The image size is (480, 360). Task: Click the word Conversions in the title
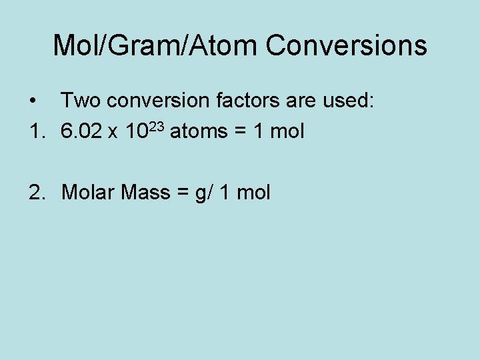(346, 45)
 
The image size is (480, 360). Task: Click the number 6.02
(82, 131)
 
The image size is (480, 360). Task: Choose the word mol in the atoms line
(287, 131)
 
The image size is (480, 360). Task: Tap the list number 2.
(37, 193)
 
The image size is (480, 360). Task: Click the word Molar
(88, 193)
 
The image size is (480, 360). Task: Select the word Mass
(146, 193)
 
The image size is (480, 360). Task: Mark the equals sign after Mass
(181, 193)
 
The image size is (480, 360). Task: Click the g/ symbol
(201, 193)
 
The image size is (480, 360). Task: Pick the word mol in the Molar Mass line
(253, 193)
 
